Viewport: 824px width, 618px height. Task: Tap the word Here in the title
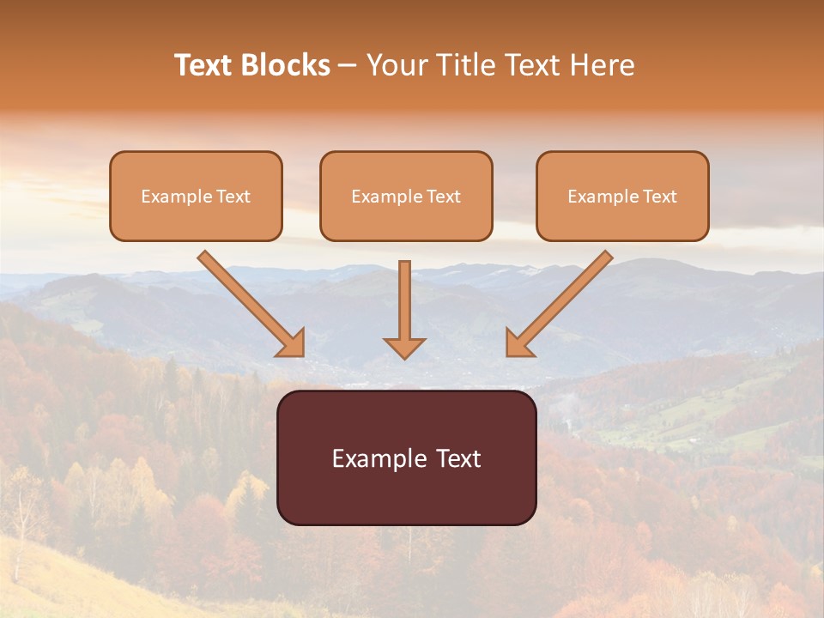point(603,65)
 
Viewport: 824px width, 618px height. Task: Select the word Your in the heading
point(396,65)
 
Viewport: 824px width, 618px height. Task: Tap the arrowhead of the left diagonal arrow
point(293,343)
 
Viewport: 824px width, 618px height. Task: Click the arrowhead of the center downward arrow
point(404,347)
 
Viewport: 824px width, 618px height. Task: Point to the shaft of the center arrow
point(404,296)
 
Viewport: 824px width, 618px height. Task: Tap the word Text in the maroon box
point(458,458)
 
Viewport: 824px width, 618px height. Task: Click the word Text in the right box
point(660,197)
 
